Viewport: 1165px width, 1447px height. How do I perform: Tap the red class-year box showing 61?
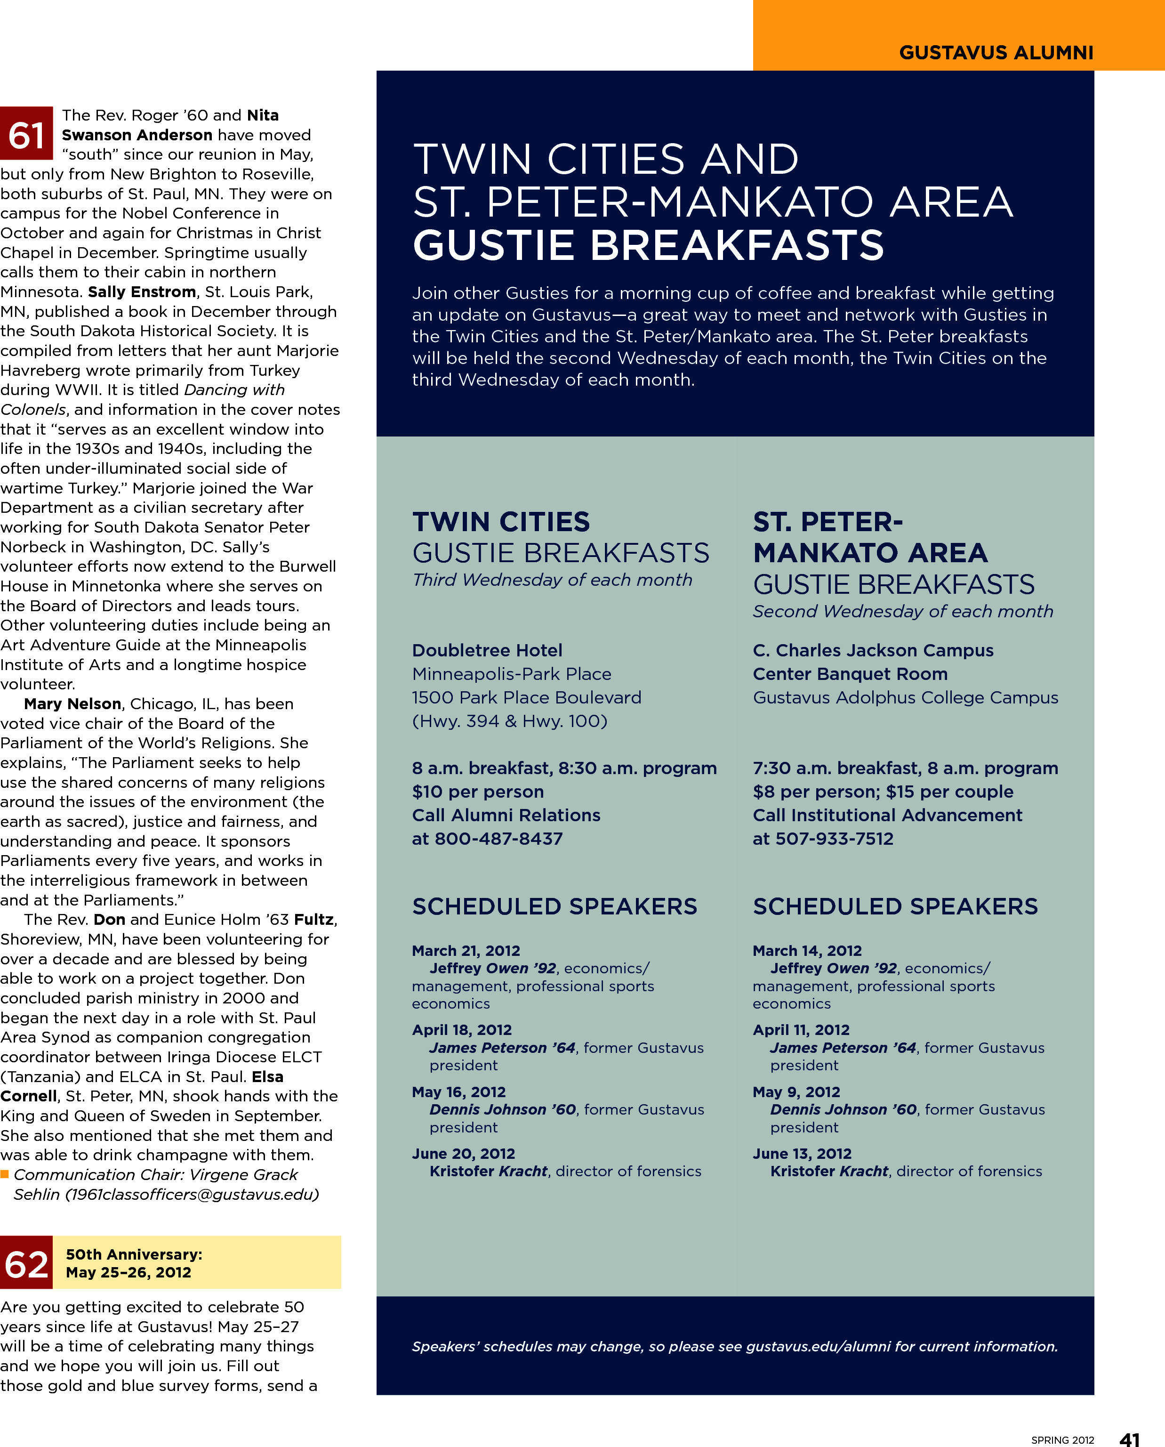[26, 134]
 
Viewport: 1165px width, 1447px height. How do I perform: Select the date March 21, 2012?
[466, 950]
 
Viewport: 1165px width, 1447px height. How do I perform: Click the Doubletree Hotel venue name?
[487, 650]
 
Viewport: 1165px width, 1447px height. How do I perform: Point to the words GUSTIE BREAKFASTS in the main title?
[648, 246]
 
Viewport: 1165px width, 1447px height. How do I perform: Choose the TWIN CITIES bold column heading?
[501, 522]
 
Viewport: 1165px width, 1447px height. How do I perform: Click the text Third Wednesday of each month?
[552, 580]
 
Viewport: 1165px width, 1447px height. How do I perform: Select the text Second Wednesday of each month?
[903, 611]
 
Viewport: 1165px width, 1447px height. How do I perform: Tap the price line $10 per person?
[478, 792]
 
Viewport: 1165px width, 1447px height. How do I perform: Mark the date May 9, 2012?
[796, 1092]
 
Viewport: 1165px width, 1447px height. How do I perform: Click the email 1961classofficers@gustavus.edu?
[191, 1195]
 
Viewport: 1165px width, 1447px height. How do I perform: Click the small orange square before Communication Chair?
[5, 1174]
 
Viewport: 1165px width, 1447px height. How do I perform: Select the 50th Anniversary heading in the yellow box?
[134, 1254]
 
